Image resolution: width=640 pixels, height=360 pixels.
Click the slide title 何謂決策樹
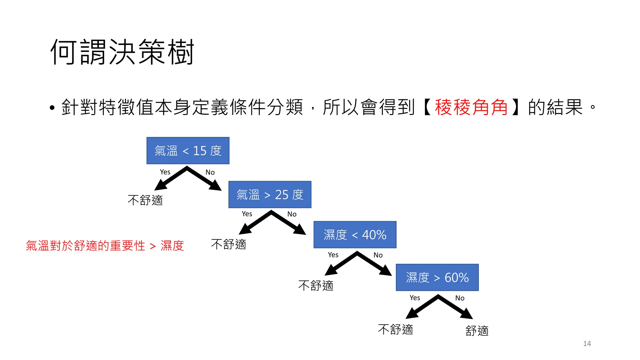(122, 52)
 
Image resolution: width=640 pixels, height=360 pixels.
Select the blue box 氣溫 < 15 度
(188, 151)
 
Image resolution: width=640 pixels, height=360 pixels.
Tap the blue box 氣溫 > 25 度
(270, 195)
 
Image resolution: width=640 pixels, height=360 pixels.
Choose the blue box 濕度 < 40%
(355, 235)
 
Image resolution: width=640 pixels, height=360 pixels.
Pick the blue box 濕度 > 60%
(437, 277)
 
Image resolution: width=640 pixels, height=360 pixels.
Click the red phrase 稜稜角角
(471, 107)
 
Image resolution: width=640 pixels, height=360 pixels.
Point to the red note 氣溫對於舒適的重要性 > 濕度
(105, 246)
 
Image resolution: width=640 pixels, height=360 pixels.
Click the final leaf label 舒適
(477, 331)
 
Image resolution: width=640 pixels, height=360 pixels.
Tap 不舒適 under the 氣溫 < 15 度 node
(145, 200)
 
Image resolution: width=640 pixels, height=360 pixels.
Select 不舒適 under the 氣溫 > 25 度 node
(229, 244)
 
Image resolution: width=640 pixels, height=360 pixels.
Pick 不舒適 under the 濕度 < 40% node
(316, 285)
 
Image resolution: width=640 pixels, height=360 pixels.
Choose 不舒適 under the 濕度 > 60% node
(396, 329)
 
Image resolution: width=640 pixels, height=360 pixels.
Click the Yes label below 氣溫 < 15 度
(165, 172)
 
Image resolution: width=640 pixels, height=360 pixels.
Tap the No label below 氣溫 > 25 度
(292, 214)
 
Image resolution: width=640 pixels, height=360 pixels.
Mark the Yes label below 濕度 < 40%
(333, 255)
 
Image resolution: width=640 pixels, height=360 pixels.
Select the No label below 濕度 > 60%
(460, 298)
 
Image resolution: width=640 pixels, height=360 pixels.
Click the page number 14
(587, 343)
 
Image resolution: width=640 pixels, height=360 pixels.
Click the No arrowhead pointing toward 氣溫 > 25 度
(216, 186)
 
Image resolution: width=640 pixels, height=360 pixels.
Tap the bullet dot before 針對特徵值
(52, 108)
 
